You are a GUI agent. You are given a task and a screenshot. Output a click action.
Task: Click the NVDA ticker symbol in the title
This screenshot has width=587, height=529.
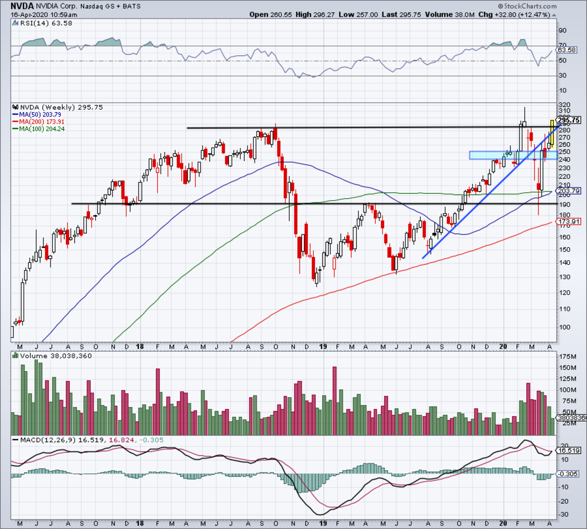point(23,6)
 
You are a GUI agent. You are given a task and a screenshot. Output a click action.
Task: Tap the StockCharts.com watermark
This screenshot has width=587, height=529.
point(527,6)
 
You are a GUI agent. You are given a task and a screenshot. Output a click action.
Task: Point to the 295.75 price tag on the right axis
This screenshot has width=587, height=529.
point(569,120)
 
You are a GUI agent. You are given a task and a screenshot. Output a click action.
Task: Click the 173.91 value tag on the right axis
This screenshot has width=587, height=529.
point(569,221)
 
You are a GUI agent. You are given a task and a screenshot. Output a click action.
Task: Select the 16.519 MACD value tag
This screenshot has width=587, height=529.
point(569,450)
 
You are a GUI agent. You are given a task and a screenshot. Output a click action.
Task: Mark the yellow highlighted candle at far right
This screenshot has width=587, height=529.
point(552,134)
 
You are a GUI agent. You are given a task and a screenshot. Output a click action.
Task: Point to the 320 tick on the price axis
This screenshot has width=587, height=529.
point(564,105)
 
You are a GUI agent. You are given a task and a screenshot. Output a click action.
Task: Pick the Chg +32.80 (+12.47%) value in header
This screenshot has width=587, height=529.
point(519,14)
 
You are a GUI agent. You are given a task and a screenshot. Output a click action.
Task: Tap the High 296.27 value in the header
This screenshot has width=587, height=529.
point(315,14)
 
